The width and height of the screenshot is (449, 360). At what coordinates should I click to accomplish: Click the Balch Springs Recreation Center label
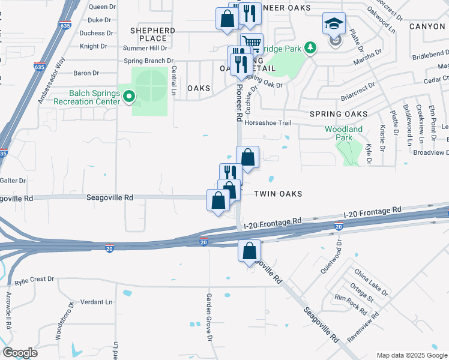pos(85,97)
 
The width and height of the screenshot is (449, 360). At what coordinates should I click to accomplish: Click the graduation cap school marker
pos(334,24)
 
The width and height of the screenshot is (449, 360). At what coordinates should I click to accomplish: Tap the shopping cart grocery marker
pos(252,43)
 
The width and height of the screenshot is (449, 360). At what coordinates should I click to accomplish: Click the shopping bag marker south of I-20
pos(250,250)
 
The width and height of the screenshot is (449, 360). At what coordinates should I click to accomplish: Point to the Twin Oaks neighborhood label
pos(277,194)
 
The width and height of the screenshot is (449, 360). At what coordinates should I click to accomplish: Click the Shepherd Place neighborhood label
pos(152,34)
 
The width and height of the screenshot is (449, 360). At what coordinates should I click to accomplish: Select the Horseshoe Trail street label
pos(268,123)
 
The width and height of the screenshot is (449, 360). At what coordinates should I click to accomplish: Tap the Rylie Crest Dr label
pos(34,280)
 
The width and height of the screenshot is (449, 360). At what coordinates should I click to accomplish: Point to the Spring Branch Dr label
pos(148,61)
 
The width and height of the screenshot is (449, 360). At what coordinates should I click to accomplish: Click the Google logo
pos(20,353)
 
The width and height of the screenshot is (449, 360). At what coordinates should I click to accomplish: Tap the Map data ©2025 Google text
pos(411,355)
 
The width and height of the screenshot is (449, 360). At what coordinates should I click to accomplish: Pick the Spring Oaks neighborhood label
pos(338,114)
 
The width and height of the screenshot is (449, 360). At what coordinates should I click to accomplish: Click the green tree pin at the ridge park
pos(310,47)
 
